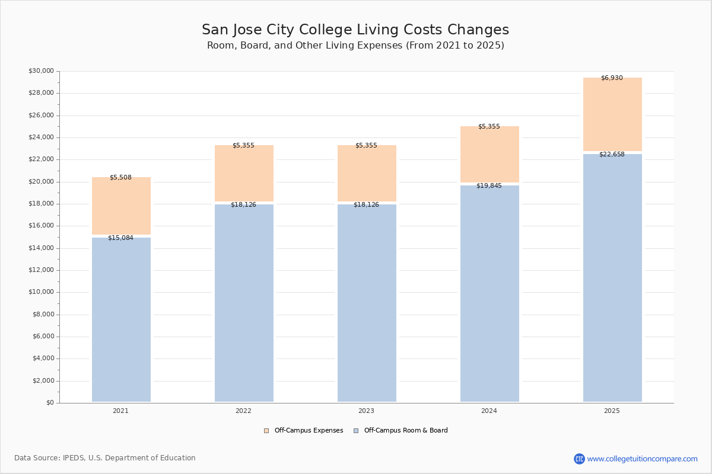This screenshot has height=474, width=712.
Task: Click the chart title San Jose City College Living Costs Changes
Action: (x=355, y=30)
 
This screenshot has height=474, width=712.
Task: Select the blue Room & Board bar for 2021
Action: (x=121, y=320)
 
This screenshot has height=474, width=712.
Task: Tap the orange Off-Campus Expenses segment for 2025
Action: (x=612, y=116)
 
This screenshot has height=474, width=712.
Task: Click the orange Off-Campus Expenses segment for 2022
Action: (x=244, y=174)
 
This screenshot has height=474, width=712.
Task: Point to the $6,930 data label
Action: (x=612, y=78)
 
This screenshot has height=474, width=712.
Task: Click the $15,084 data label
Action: (x=120, y=238)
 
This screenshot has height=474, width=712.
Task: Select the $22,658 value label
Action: (x=612, y=155)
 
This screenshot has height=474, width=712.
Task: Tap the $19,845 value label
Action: (x=489, y=186)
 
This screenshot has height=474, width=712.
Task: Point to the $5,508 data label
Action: (x=120, y=178)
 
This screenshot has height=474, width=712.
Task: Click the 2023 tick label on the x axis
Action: (x=366, y=411)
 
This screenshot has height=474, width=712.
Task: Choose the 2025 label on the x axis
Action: (x=612, y=411)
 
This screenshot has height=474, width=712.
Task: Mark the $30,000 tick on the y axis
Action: (x=41, y=71)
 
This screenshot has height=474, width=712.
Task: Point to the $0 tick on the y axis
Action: (x=50, y=403)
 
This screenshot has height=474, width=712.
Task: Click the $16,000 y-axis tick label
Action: (x=41, y=226)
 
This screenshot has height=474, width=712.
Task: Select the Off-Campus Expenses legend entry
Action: (x=304, y=431)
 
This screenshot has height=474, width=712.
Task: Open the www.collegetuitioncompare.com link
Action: (x=642, y=459)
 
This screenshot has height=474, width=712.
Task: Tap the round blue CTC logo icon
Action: (x=579, y=459)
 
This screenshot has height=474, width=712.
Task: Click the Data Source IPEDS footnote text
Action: (x=105, y=458)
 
